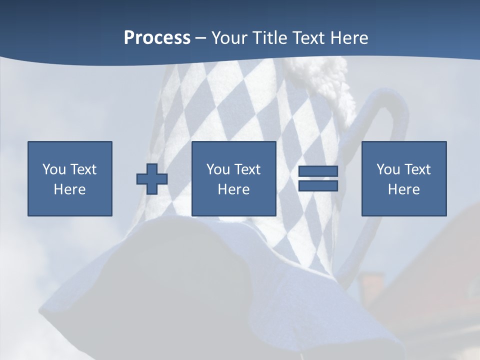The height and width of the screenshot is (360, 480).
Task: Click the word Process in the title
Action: [x=157, y=38]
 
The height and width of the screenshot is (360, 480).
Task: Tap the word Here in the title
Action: [x=348, y=38]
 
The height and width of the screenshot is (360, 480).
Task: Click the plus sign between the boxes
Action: [x=152, y=179]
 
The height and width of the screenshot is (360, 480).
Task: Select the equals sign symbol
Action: [x=318, y=178]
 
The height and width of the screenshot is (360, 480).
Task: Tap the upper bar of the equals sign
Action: [x=318, y=171]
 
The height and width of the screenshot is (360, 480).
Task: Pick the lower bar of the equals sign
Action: [x=318, y=186]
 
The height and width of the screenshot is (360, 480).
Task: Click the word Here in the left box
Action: [x=69, y=189]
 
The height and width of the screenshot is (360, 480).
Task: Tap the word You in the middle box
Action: [x=218, y=169]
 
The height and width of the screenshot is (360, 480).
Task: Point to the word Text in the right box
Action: [x=417, y=169]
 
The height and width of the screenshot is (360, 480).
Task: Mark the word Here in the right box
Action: [x=403, y=189]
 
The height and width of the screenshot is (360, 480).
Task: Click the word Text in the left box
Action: [x=83, y=169]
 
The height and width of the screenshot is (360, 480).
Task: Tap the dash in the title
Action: [x=200, y=38]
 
